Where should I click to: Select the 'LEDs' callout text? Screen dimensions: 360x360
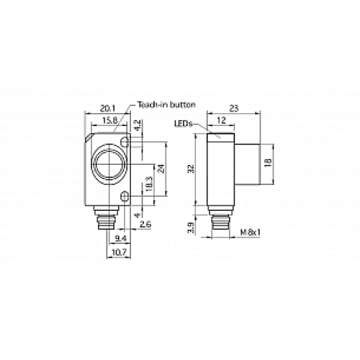click(183, 124)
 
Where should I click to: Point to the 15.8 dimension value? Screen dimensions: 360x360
click(110, 119)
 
